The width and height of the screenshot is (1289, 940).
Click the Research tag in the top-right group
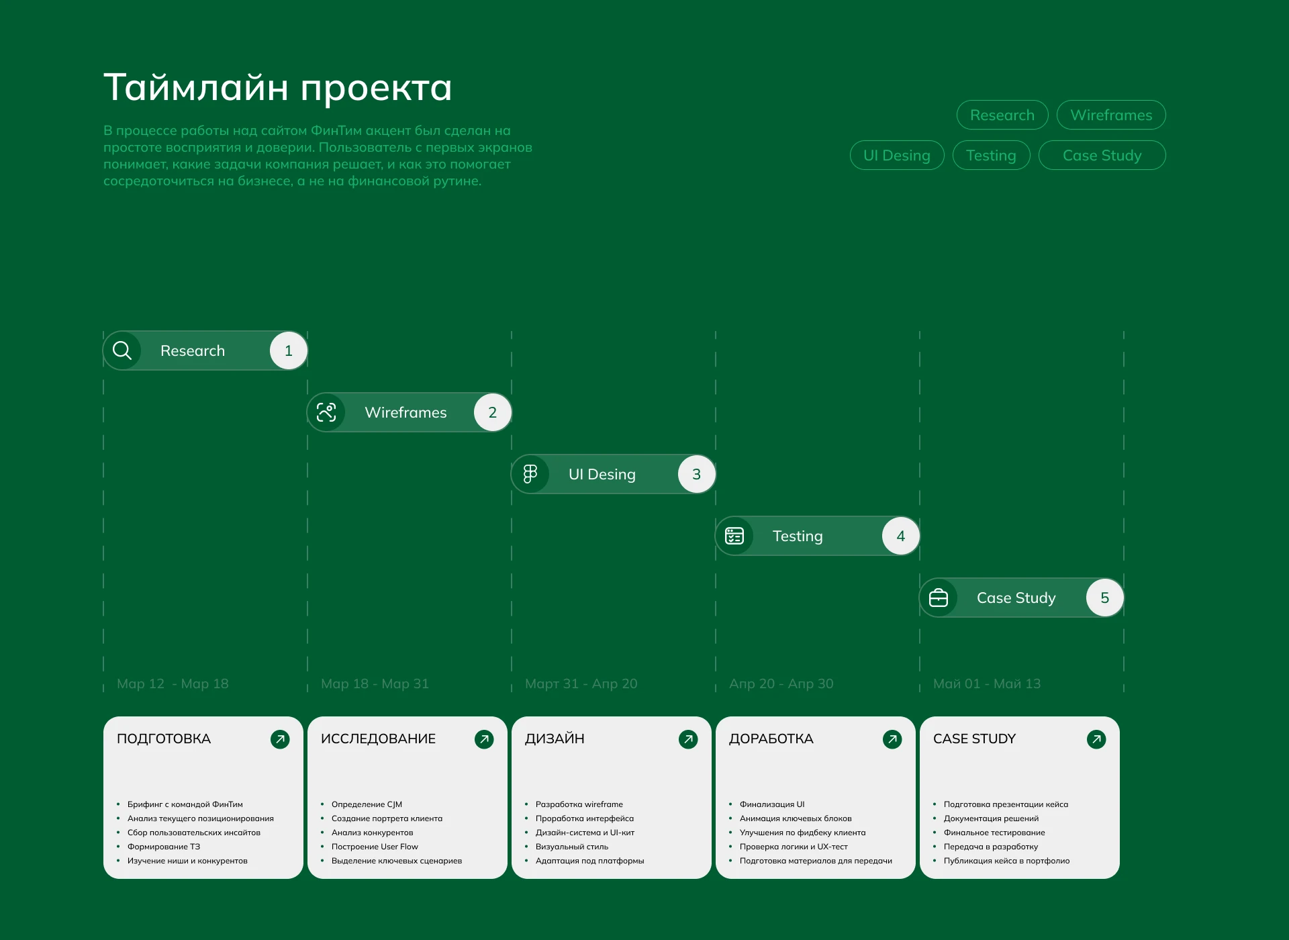[x=1002, y=115]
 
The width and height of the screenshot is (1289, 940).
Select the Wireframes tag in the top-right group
[x=1111, y=115]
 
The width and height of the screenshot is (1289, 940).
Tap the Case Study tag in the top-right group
[x=1102, y=155]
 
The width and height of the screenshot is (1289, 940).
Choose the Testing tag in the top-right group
[x=991, y=155]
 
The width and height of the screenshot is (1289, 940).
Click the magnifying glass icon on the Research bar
[x=122, y=350]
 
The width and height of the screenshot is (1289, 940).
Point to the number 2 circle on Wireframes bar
[x=493, y=412]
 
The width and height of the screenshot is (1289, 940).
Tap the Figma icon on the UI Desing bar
[x=530, y=474]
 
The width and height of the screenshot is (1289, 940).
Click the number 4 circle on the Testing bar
[x=901, y=536]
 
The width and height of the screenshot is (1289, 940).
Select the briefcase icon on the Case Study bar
[x=939, y=598]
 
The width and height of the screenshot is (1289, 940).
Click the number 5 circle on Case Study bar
[x=1105, y=598]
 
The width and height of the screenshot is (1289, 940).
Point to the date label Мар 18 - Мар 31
[x=375, y=684]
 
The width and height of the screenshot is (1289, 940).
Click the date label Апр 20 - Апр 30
[x=781, y=684]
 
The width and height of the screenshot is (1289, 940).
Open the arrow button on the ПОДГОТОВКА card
[x=280, y=739]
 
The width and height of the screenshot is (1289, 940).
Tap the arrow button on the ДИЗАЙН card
[x=688, y=739]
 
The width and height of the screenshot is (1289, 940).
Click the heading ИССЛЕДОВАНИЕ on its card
[x=378, y=739]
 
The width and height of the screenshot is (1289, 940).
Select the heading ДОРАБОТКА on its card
[x=771, y=739]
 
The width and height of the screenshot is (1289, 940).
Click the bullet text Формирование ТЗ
[x=164, y=847]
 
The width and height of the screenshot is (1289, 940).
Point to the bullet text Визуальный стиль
[x=572, y=847]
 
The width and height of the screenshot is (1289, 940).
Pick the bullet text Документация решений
[x=991, y=818]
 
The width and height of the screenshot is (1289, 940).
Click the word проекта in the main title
[x=376, y=89]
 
